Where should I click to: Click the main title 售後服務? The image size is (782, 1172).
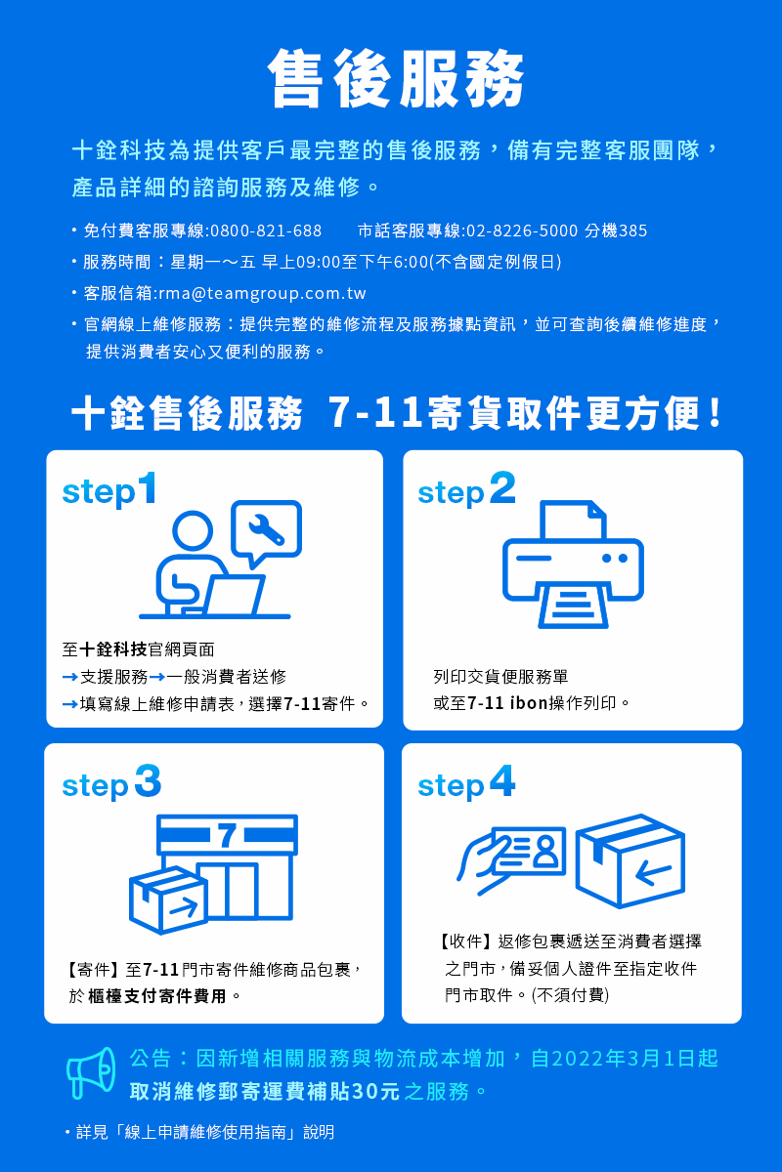click(x=396, y=78)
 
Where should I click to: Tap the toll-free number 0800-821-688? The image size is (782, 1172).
click(x=266, y=230)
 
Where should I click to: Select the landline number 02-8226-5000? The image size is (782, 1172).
click(x=522, y=230)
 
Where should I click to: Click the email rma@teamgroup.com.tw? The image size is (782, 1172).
click(x=262, y=294)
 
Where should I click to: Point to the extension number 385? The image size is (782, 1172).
click(x=632, y=230)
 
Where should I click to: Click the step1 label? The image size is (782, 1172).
click(x=109, y=489)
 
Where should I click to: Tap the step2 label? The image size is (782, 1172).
click(x=466, y=489)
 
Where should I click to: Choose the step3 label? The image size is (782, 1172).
click(x=111, y=782)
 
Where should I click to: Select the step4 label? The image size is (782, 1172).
click(x=466, y=782)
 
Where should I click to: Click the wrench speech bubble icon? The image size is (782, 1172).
click(x=267, y=529)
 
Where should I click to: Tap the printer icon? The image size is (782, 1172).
click(x=573, y=565)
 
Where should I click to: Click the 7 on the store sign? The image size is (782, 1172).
click(x=227, y=835)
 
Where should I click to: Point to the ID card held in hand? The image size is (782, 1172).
click(x=530, y=852)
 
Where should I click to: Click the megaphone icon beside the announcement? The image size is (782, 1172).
click(x=91, y=1072)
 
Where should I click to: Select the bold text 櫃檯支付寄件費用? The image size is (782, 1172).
click(x=157, y=996)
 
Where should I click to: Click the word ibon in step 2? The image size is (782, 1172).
click(x=529, y=702)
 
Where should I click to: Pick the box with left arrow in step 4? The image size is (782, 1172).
click(x=630, y=861)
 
